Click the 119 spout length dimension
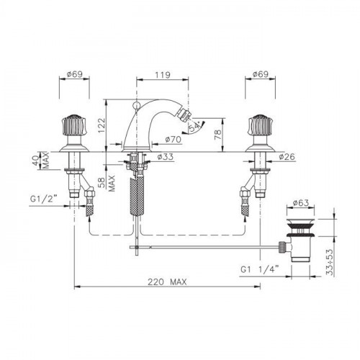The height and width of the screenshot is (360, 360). click(163, 75)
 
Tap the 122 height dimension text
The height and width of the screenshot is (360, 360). click(102, 125)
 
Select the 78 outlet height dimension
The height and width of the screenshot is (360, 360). click(217, 135)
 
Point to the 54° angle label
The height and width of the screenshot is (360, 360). click(195, 127)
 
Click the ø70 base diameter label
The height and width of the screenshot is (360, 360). click(174, 139)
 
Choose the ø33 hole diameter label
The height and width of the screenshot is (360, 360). click(166, 157)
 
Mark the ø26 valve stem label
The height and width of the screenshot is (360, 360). click(287, 157)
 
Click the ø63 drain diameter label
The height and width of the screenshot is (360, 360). click(301, 203)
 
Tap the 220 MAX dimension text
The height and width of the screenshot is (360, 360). click(167, 282)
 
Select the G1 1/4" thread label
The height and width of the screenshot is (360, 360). click(260, 269)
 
